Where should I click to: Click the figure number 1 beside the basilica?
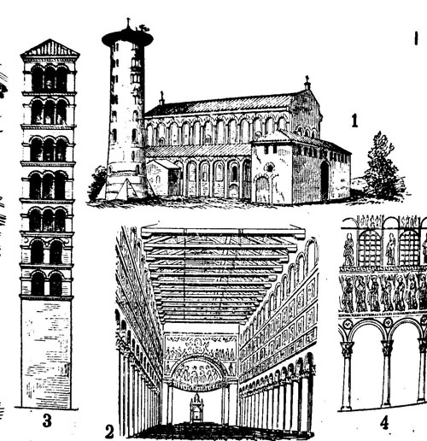click(354, 121)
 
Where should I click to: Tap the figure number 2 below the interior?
click(109, 432)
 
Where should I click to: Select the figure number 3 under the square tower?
click(47, 420)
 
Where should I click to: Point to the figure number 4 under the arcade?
click(384, 422)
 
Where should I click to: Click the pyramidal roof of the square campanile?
click(50, 48)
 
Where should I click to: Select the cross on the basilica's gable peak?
click(307, 83)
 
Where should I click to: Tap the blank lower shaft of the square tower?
click(46, 354)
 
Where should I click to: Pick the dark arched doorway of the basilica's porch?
click(325, 180)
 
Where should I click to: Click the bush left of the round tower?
click(97, 183)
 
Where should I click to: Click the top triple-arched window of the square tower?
click(50, 78)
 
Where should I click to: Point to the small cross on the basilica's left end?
click(161, 98)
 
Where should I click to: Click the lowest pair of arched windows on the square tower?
click(47, 283)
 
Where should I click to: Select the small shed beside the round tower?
click(163, 177)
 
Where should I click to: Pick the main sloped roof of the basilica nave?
click(219, 105)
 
